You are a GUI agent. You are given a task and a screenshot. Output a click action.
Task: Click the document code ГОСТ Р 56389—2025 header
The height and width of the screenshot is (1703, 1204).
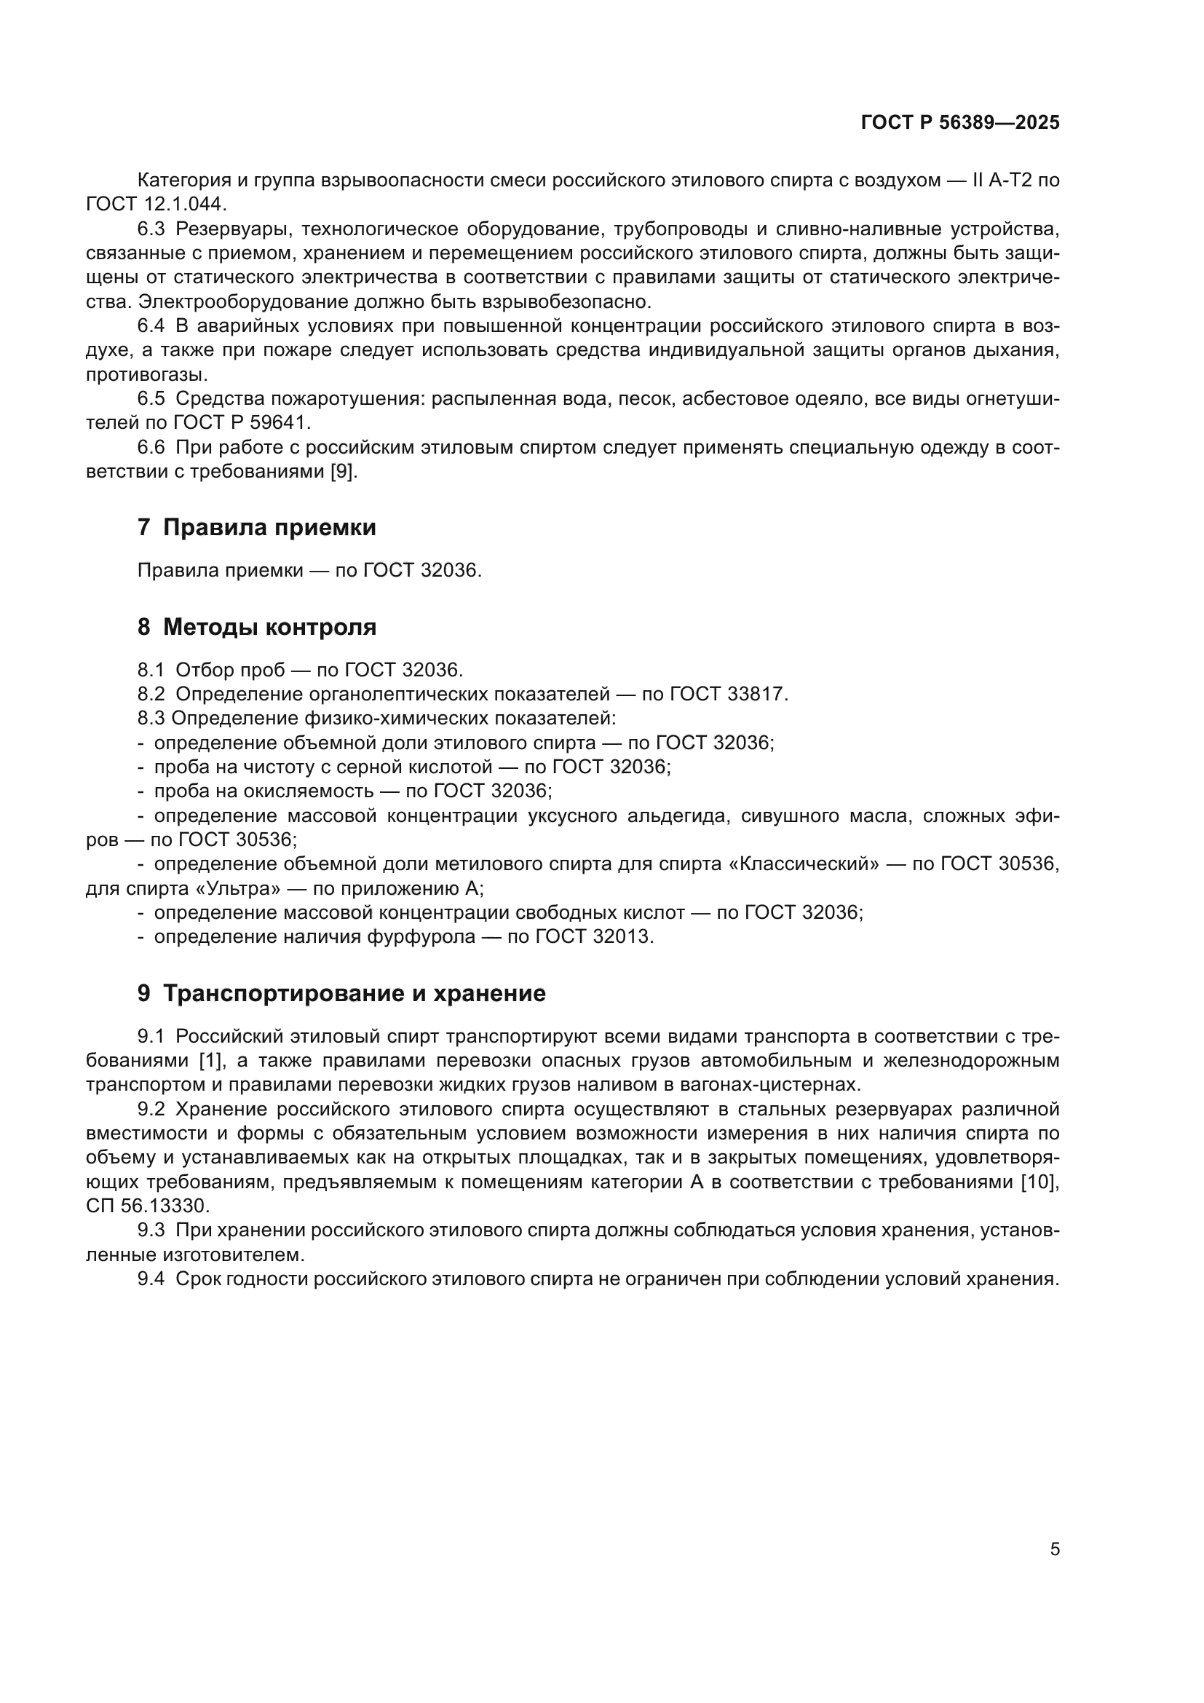click(960, 123)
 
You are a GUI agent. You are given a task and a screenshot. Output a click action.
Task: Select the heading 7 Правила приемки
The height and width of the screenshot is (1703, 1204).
click(256, 527)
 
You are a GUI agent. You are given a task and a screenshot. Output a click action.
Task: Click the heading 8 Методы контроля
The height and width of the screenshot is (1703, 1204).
click(256, 627)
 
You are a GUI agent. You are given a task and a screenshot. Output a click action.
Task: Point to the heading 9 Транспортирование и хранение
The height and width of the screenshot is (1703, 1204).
click(341, 993)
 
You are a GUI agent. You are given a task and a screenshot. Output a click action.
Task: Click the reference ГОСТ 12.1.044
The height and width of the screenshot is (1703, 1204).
click(157, 204)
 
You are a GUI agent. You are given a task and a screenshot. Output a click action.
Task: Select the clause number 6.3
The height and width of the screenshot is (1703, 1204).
click(151, 229)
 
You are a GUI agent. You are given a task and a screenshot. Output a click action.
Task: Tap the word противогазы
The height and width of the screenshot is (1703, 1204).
click(147, 374)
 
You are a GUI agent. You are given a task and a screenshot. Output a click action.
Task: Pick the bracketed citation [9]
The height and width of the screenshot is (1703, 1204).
click(344, 472)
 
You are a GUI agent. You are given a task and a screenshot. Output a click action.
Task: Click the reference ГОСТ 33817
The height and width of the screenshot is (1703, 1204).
click(728, 695)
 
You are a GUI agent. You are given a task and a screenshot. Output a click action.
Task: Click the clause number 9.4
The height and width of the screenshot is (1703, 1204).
click(151, 1279)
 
